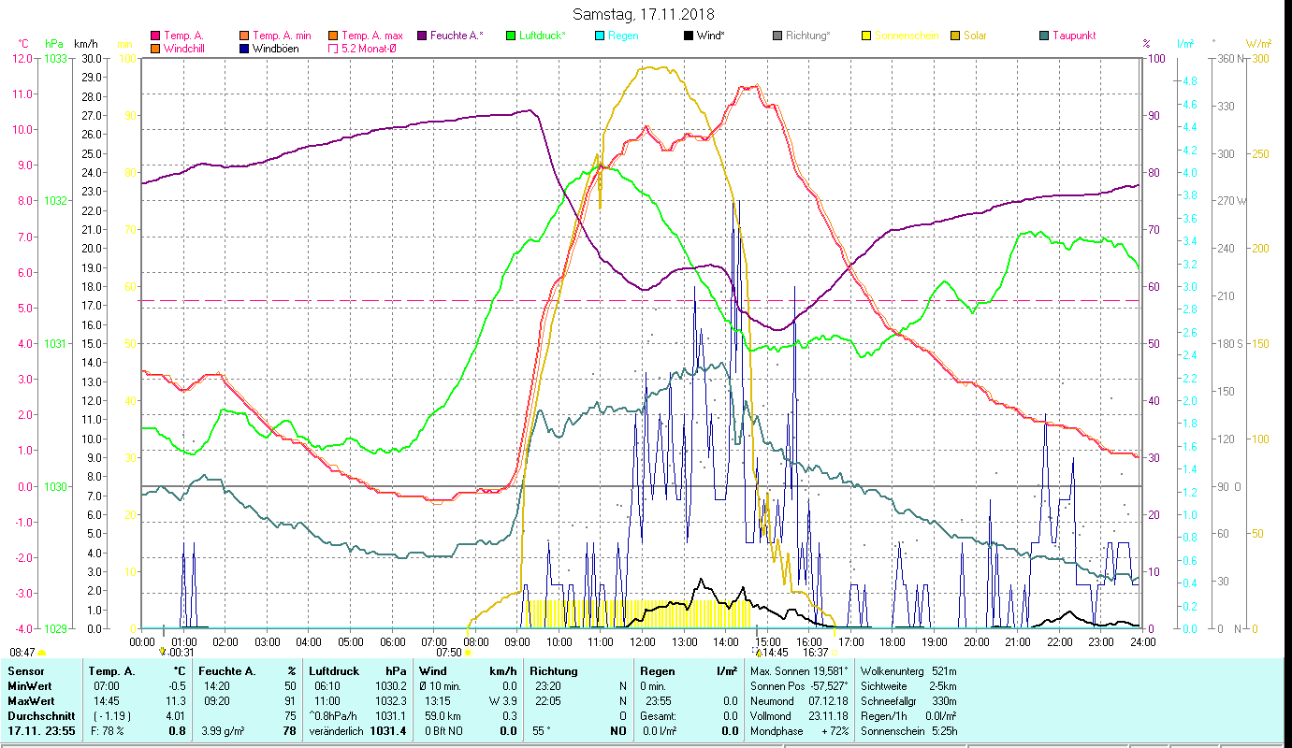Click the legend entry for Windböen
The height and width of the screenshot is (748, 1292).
pyautogui.click(x=276, y=49)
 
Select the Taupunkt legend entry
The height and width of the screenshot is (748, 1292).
pyautogui.click(x=1073, y=36)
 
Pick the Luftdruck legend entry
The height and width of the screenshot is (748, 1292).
pyautogui.click(x=543, y=36)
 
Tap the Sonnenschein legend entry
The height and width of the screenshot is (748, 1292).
pyautogui.click(x=904, y=36)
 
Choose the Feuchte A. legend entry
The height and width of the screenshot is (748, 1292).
pyautogui.click(x=456, y=36)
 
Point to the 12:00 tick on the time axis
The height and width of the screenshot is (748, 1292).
pyautogui.click(x=643, y=641)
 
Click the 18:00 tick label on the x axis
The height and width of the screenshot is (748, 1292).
pyautogui.click(x=893, y=641)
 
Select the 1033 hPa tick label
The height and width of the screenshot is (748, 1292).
pyautogui.click(x=55, y=58)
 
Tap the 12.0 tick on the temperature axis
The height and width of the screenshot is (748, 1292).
pyautogui.click(x=22, y=58)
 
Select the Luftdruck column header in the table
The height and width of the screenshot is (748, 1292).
pyautogui.click(x=334, y=671)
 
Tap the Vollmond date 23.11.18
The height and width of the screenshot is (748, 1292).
pyautogui.click(x=827, y=715)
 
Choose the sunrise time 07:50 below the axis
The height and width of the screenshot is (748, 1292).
pyautogui.click(x=449, y=653)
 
